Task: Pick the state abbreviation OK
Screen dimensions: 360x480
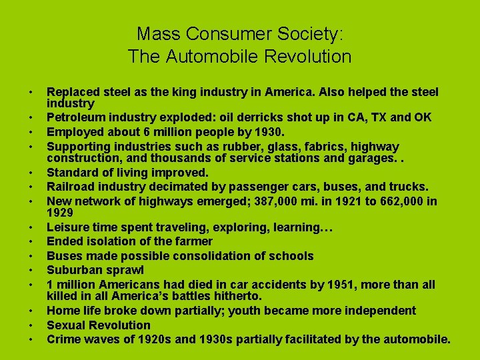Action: click(x=423, y=117)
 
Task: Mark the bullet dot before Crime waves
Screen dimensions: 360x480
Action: click(x=31, y=341)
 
